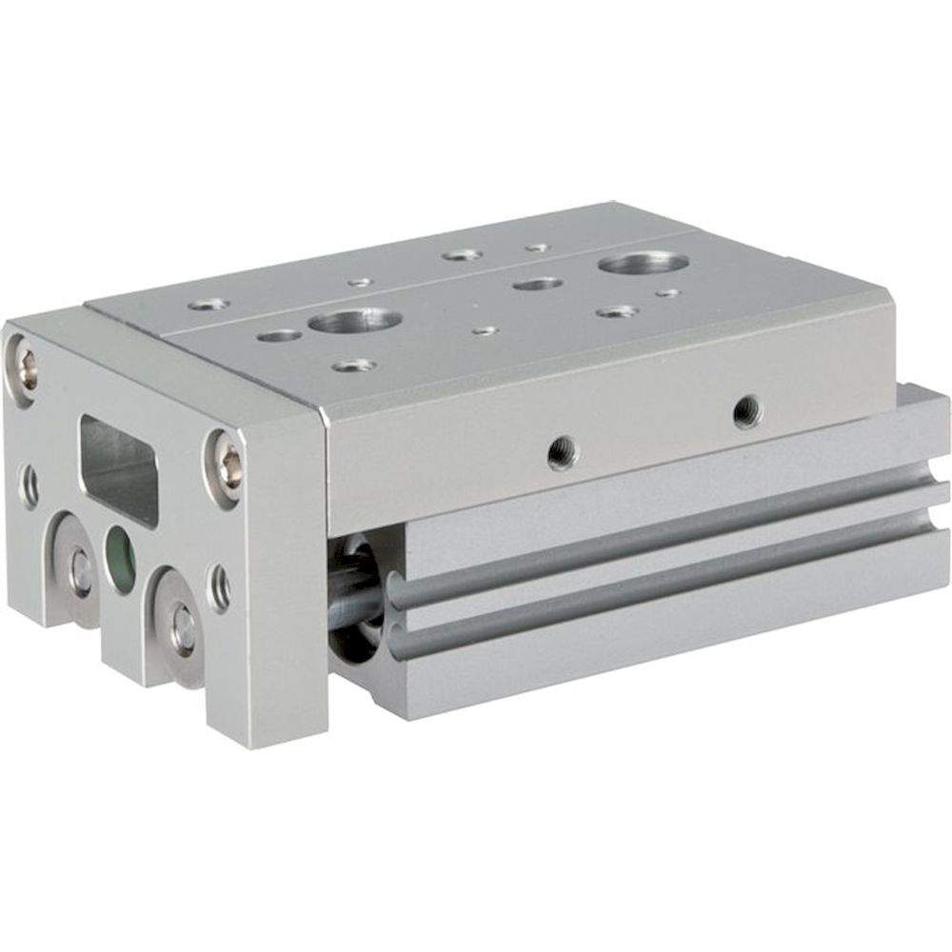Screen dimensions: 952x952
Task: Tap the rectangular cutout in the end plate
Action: tap(119, 470)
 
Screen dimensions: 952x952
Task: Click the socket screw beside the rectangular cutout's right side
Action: tap(228, 466)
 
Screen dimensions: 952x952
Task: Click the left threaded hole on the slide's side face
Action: tap(562, 451)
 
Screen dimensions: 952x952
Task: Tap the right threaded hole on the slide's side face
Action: tap(747, 410)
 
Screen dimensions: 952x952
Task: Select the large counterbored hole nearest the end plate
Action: tap(354, 321)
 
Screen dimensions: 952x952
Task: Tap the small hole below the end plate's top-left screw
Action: tap(30, 485)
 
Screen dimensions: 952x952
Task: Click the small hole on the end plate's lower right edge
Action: tap(220, 587)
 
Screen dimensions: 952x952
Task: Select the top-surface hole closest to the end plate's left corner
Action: tap(208, 305)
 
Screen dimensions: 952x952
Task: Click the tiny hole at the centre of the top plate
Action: tap(485, 330)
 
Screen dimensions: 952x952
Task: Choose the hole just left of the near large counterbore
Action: tap(280, 335)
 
